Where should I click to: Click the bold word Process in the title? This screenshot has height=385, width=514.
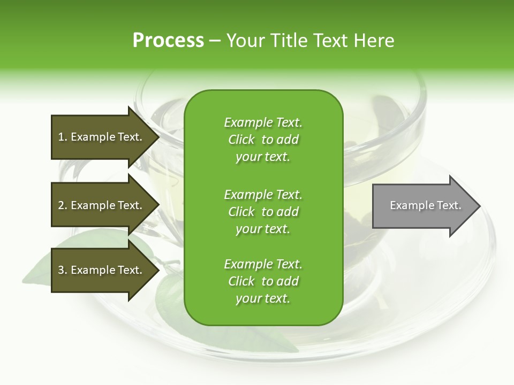pyautogui.click(x=168, y=41)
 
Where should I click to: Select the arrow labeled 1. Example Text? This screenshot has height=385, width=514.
pyautogui.click(x=102, y=137)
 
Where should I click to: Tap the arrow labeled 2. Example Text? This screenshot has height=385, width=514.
pyautogui.click(x=102, y=205)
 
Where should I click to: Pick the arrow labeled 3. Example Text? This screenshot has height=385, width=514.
pyautogui.click(x=102, y=270)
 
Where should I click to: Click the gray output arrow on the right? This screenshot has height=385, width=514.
pyautogui.click(x=423, y=206)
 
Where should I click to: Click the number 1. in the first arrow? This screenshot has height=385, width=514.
pyautogui.click(x=62, y=137)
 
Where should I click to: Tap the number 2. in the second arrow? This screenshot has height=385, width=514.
pyautogui.click(x=62, y=205)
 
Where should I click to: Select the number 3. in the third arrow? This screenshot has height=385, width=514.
pyautogui.click(x=62, y=270)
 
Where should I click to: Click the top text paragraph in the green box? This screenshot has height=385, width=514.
pyautogui.click(x=263, y=140)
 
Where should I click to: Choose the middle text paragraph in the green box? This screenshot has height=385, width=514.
pyautogui.click(x=263, y=211)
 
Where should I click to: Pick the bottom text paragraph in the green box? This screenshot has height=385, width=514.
pyautogui.click(x=263, y=281)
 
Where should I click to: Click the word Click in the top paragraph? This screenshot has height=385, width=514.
pyautogui.click(x=241, y=140)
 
